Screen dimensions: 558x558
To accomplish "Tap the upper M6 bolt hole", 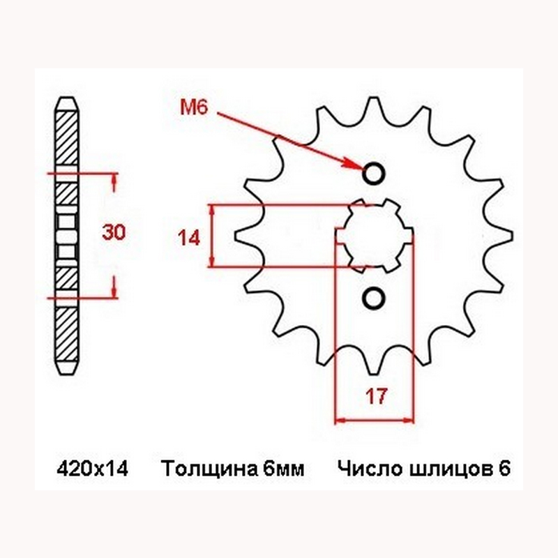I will click(x=374, y=172).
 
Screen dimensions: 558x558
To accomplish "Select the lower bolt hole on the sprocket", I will click(x=374, y=299).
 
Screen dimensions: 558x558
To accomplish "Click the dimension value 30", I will click(x=114, y=233).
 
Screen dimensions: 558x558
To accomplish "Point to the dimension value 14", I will click(x=188, y=238).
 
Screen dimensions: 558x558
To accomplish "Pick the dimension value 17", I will click(x=375, y=398).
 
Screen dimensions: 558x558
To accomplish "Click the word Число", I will click(x=362, y=469).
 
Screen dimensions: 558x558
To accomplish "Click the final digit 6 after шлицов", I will click(x=504, y=469).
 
